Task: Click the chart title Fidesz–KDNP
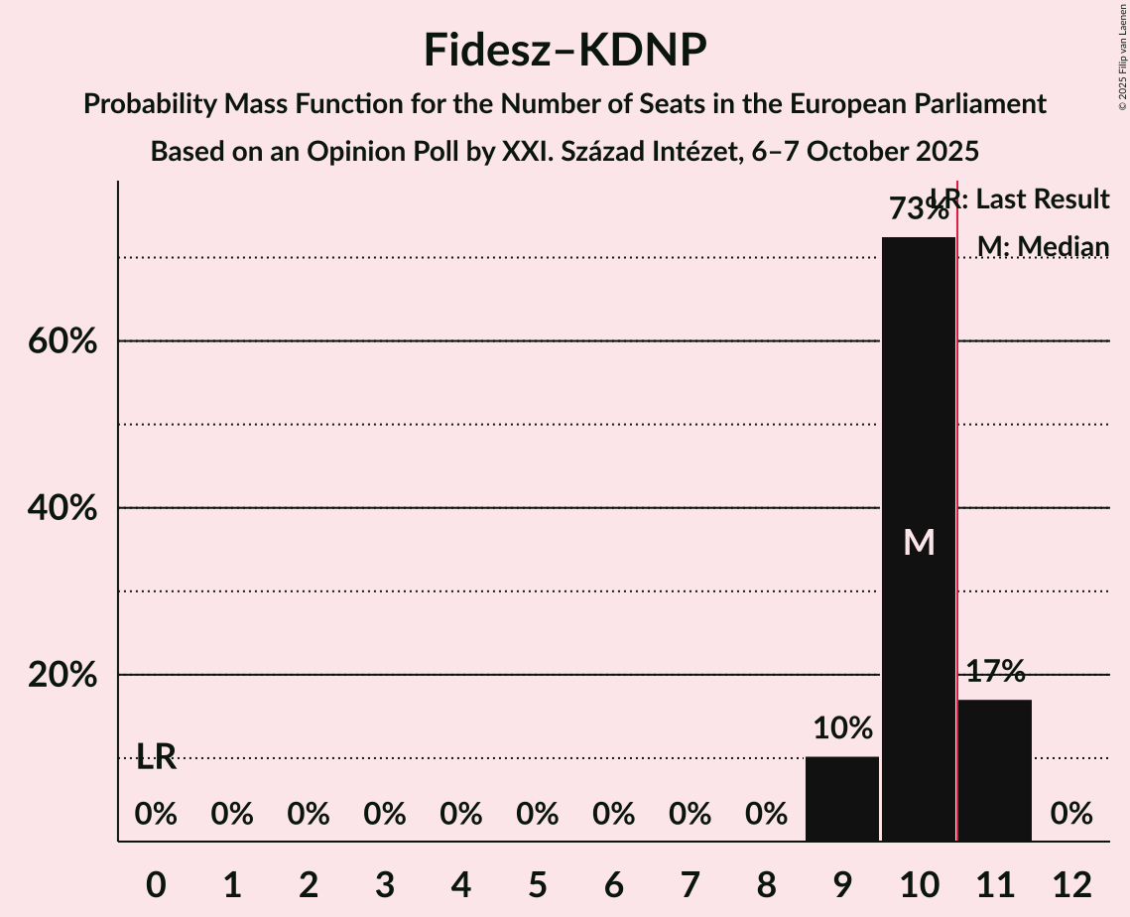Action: [x=565, y=50]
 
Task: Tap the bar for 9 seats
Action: [x=842, y=798]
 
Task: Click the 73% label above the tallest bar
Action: [x=918, y=209]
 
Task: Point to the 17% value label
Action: [x=995, y=672]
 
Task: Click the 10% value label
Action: [x=842, y=728]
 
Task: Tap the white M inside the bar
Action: [x=919, y=542]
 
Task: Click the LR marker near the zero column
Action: [x=156, y=757]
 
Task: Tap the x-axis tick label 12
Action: [x=1071, y=883]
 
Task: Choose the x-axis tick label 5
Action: [x=537, y=883]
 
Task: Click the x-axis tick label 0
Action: [x=156, y=883]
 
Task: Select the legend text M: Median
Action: [x=1043, y=246]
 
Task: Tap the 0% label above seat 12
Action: [x=1071, y=815]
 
